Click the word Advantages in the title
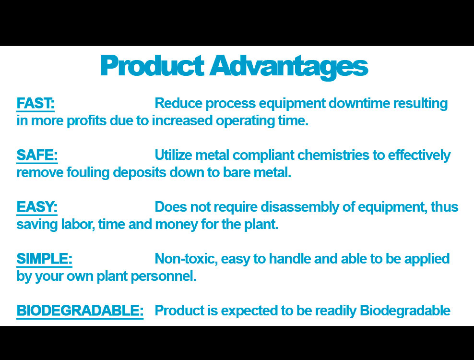(x=289, y=67)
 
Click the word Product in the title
(x=152, y=65)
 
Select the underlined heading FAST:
(x=36, y=104)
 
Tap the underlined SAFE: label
(x=37, y=155)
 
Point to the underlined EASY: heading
(x=37, y=207)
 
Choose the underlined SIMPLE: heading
(x=44, y=259)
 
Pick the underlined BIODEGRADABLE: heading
(x=80, y=311)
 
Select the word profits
(x=86, y=121)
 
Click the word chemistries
(x=333, y=155)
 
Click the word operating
(x=245, y=121)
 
